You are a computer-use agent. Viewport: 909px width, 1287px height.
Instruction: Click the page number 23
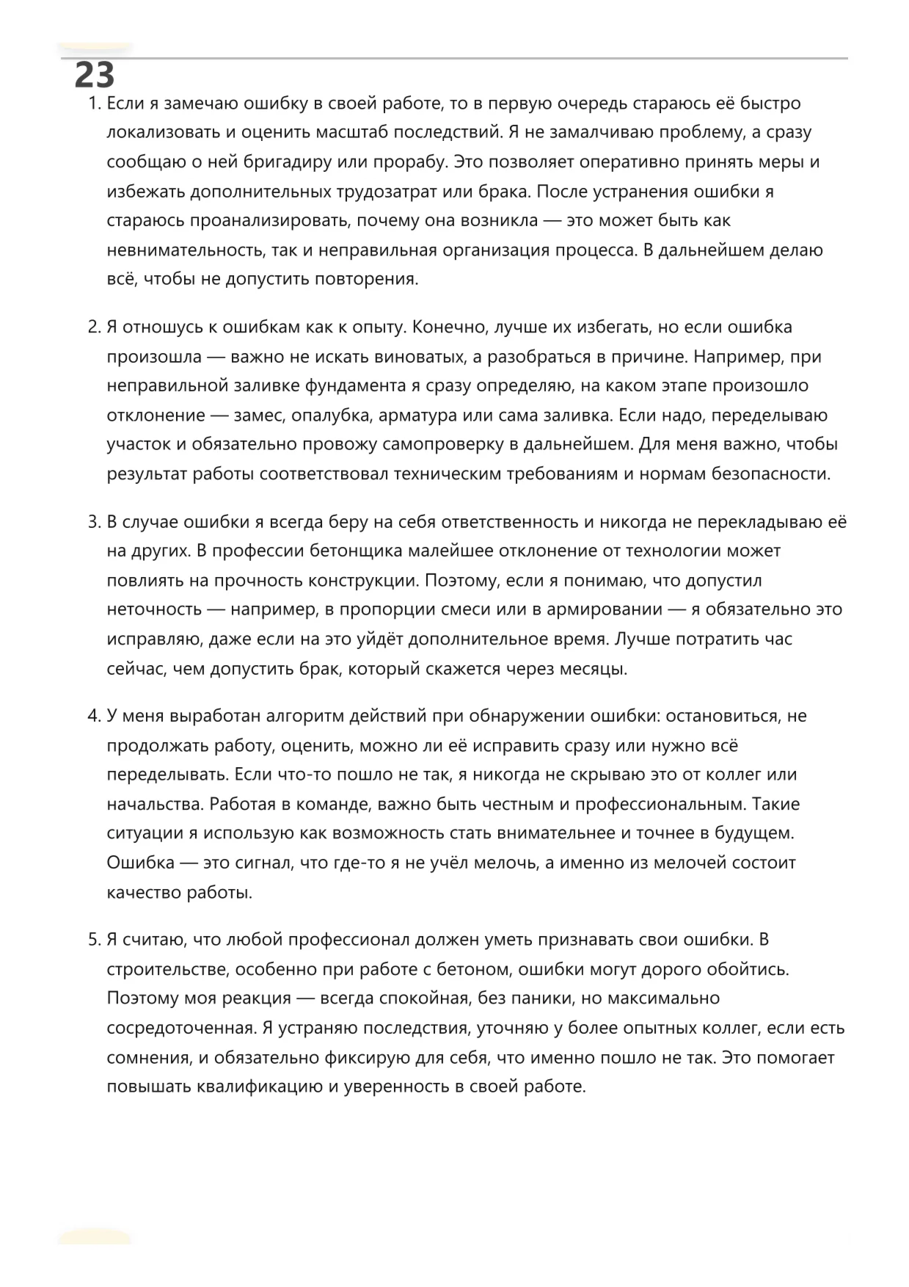95,75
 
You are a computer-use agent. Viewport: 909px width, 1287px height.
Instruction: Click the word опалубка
332,416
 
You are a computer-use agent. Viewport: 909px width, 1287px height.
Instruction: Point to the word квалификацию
260,1087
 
